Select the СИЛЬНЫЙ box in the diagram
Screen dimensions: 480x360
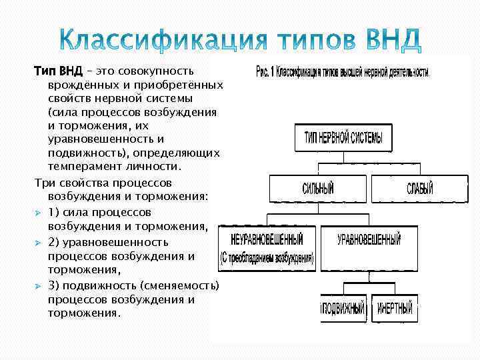click(318, 189)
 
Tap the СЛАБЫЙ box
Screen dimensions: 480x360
click(419, 189)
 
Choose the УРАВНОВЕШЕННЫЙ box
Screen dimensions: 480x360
click(369, 239)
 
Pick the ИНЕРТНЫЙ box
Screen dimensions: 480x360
click(395, 309)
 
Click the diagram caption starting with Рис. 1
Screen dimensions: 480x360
click(342, 72)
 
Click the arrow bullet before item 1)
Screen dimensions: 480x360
click(39, 212)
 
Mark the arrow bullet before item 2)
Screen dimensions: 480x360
click(39, 242)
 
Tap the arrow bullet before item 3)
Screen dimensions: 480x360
click(39, 286)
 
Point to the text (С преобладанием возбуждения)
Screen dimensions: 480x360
click(267, 258)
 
